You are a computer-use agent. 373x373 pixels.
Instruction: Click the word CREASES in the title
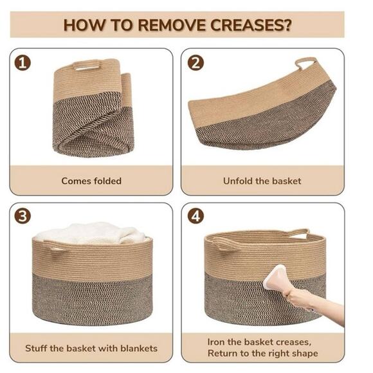(248, 25)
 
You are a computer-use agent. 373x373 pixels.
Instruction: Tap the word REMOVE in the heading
(172, 25)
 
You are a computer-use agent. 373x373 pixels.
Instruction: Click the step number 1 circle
(23, 63)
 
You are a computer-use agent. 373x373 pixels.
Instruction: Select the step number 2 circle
(196, 63)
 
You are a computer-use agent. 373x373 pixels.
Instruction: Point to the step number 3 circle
(23, 217)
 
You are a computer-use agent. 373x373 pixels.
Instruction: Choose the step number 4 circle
(196, 217)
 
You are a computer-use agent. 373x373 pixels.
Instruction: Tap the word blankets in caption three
(139, 349)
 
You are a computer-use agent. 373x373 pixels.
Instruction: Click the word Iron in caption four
(216, 342)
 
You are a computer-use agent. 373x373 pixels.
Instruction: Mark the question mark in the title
(288, 25)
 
